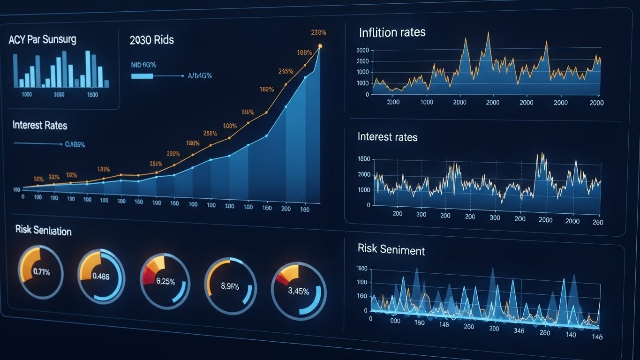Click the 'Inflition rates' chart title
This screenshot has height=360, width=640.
pos(392,32)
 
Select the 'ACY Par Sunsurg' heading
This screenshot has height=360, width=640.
pos(42,39)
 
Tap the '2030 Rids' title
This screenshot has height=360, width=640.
pos(151,40)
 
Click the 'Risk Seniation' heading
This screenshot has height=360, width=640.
pos(43,231)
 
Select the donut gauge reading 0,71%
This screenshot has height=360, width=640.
pos(41,271)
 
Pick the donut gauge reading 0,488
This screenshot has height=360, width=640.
pos(101,276)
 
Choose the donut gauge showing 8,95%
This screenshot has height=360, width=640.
pos(230,285)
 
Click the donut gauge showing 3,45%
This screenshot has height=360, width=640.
pos(299,291)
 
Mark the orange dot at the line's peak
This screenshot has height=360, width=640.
pos(320,46)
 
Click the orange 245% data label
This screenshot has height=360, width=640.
pos(286,71)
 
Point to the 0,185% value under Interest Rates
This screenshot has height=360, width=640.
pos(75,145)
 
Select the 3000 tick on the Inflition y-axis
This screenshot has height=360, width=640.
pos(362,50)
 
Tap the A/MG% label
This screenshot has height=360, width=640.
pos(200,75)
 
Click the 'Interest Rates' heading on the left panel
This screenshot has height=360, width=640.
pos(40,125)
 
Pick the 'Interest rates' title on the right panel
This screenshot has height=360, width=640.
pos(387,137)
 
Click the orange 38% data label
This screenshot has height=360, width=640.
pos(248,112)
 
